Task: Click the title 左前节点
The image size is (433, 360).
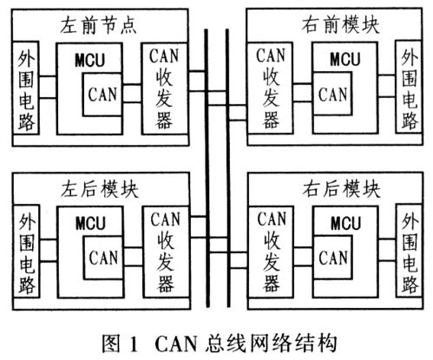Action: pos(98,25)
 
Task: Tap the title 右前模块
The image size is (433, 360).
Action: pos(340,25)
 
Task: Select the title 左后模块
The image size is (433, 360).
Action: pos(99,189)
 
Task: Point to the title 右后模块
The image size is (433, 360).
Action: pos(341,189)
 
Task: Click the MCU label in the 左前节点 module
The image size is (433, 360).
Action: pos(89,60)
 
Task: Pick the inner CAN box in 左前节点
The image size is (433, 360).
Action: pos(102,95)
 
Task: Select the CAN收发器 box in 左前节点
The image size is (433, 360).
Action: pos(164,88)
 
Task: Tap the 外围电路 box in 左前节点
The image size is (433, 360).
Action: pos(26,88)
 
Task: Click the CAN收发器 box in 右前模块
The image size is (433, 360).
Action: pos(270,88)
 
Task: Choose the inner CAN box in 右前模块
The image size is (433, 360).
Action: pos(332,94)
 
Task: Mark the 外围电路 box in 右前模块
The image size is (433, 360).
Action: pos(409,87)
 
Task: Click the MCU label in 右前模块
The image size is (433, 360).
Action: pos(345,59)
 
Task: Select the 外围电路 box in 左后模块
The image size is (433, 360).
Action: pos(27,251)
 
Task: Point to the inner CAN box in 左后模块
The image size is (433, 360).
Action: pos(103,258)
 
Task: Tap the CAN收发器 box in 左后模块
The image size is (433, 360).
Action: pos(166,252)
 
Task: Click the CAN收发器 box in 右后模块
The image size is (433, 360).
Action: pos(271,252)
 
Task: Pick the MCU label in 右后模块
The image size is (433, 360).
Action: pos(346,223)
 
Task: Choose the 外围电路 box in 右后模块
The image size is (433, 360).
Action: pos(410,251)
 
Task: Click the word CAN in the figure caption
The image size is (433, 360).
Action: pos(176,344)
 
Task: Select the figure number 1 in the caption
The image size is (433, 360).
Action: pos(134,344)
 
